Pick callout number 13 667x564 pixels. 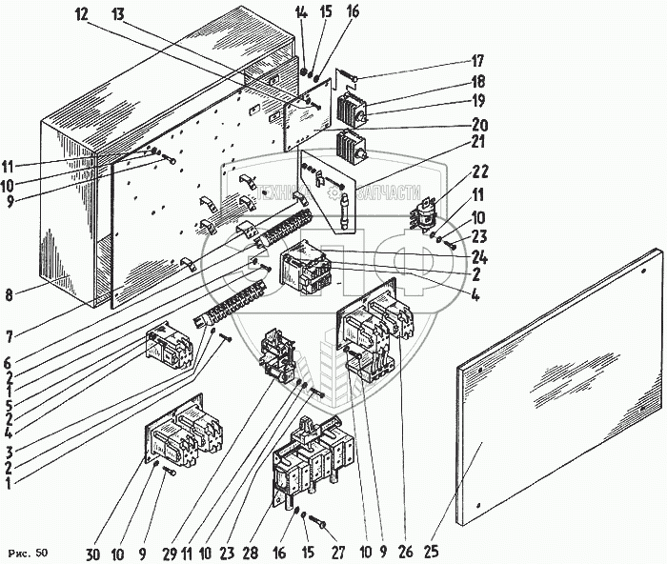pos(117,15)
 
